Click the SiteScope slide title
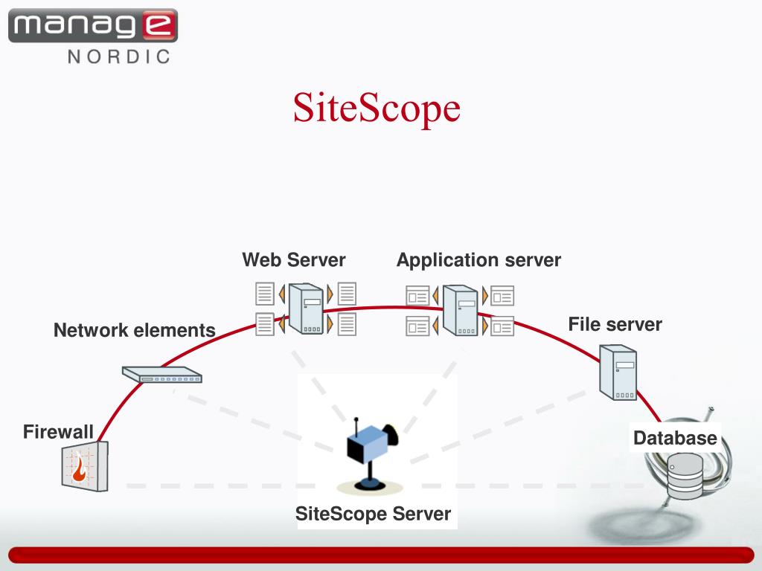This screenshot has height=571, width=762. click(377, 109)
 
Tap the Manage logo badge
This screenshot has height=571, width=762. click(93, 26)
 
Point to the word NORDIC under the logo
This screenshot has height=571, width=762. click(119, 57)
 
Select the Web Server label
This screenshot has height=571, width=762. click(293, 260)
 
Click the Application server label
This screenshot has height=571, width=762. click(478, 260)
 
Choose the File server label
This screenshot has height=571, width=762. click(615, 324)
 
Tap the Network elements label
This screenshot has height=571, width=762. click(134, 330)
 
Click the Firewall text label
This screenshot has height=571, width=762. click(58, 431)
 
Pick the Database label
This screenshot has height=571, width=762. click(675, 438)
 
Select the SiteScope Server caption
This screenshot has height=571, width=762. click(374, 514)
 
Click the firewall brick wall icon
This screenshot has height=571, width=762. click(84, 467)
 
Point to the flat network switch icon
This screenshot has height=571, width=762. click(162, 375)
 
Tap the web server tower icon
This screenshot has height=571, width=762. click(305, 308)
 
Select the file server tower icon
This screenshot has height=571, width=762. click(618, 372)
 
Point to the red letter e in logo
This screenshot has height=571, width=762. click(159, 26)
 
